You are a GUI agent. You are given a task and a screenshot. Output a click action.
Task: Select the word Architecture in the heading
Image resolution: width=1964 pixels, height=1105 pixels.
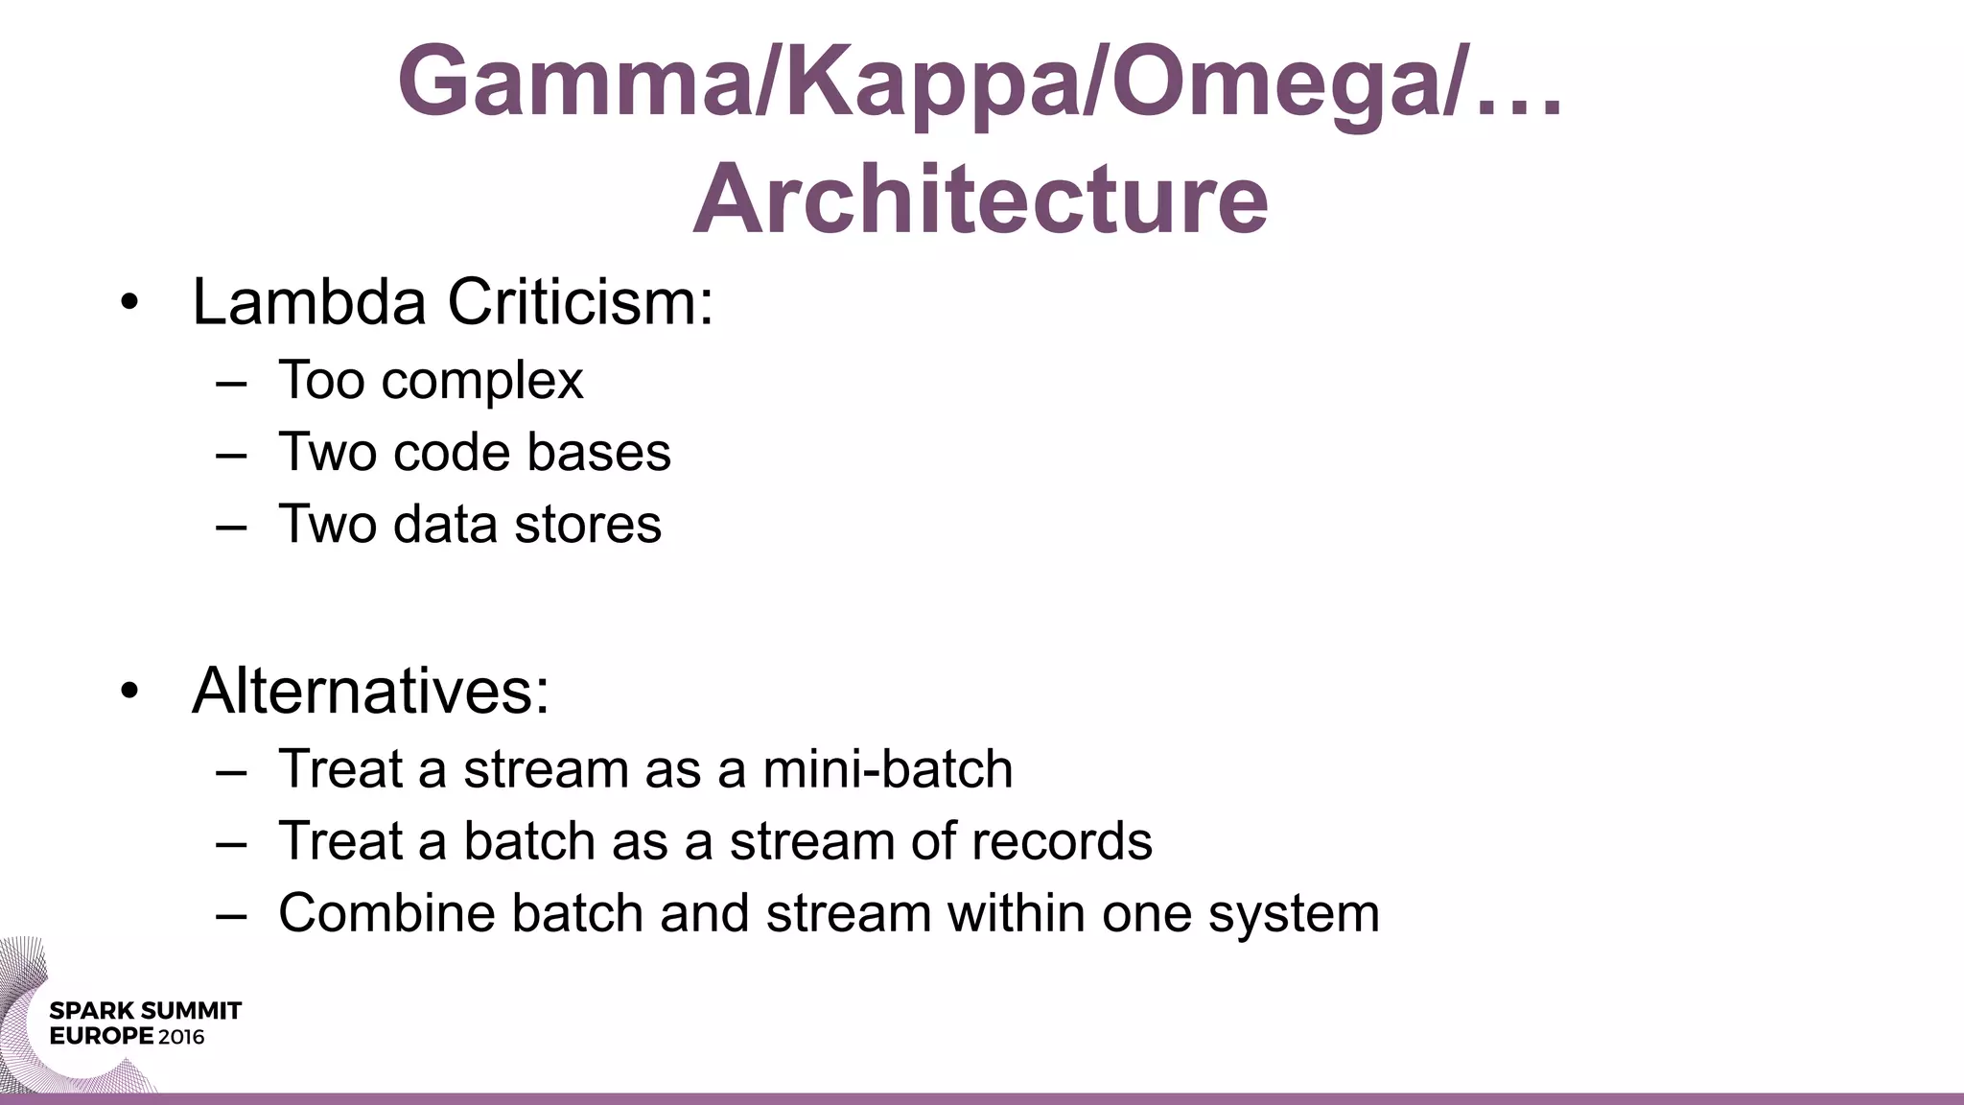[980, 200]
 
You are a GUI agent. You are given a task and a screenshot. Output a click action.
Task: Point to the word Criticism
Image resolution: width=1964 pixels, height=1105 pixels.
[579, 302]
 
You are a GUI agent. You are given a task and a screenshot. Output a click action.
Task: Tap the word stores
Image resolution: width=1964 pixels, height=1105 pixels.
[588, 524]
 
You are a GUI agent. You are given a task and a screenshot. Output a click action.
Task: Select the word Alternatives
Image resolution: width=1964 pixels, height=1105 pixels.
[370, 691]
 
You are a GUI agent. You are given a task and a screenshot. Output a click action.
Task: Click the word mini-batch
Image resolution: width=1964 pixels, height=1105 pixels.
[887, 769]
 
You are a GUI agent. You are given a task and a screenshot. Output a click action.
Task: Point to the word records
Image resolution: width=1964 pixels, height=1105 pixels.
[1061, 841]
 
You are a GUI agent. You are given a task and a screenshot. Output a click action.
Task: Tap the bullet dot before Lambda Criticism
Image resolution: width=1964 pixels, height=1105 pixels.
[129, 305]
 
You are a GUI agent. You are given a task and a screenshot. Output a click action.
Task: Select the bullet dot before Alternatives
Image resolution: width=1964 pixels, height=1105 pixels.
[129, 693]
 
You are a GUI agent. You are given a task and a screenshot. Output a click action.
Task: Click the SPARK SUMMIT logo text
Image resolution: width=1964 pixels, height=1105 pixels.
[145, 1011]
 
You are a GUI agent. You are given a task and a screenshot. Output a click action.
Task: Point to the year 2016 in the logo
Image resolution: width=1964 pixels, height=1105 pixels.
[181, 1037]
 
